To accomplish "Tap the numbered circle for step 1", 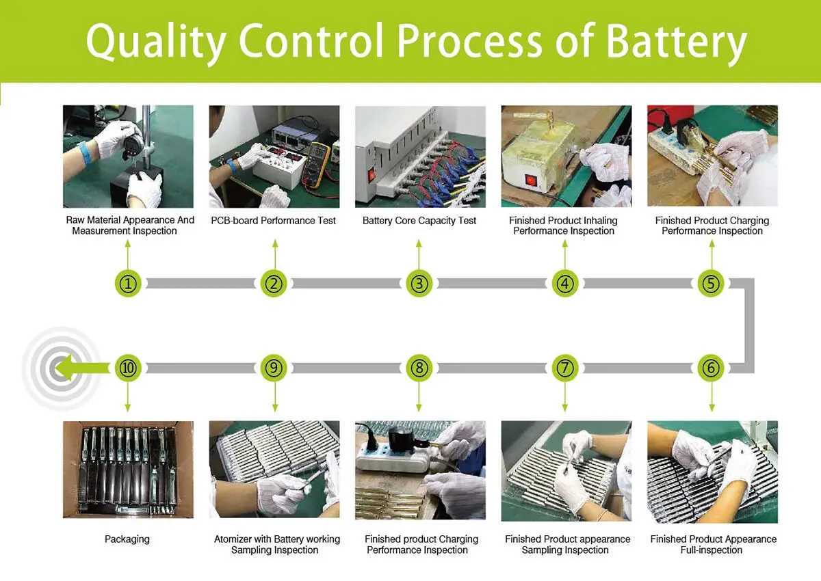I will [128, 283].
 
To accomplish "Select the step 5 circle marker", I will [711, 283].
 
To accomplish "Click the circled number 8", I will [419, 368].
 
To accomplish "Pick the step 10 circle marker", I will [128, 368].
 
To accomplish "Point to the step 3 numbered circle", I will [419, 283].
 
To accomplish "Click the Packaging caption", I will [127, 539].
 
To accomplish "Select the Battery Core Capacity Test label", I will [419, 221].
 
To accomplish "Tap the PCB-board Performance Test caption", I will [274, 221].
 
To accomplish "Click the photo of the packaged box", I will [128, 470].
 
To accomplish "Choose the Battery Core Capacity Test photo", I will [420, 157].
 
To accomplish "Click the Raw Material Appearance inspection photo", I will [128, 157].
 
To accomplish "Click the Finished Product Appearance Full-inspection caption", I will [713, 545].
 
